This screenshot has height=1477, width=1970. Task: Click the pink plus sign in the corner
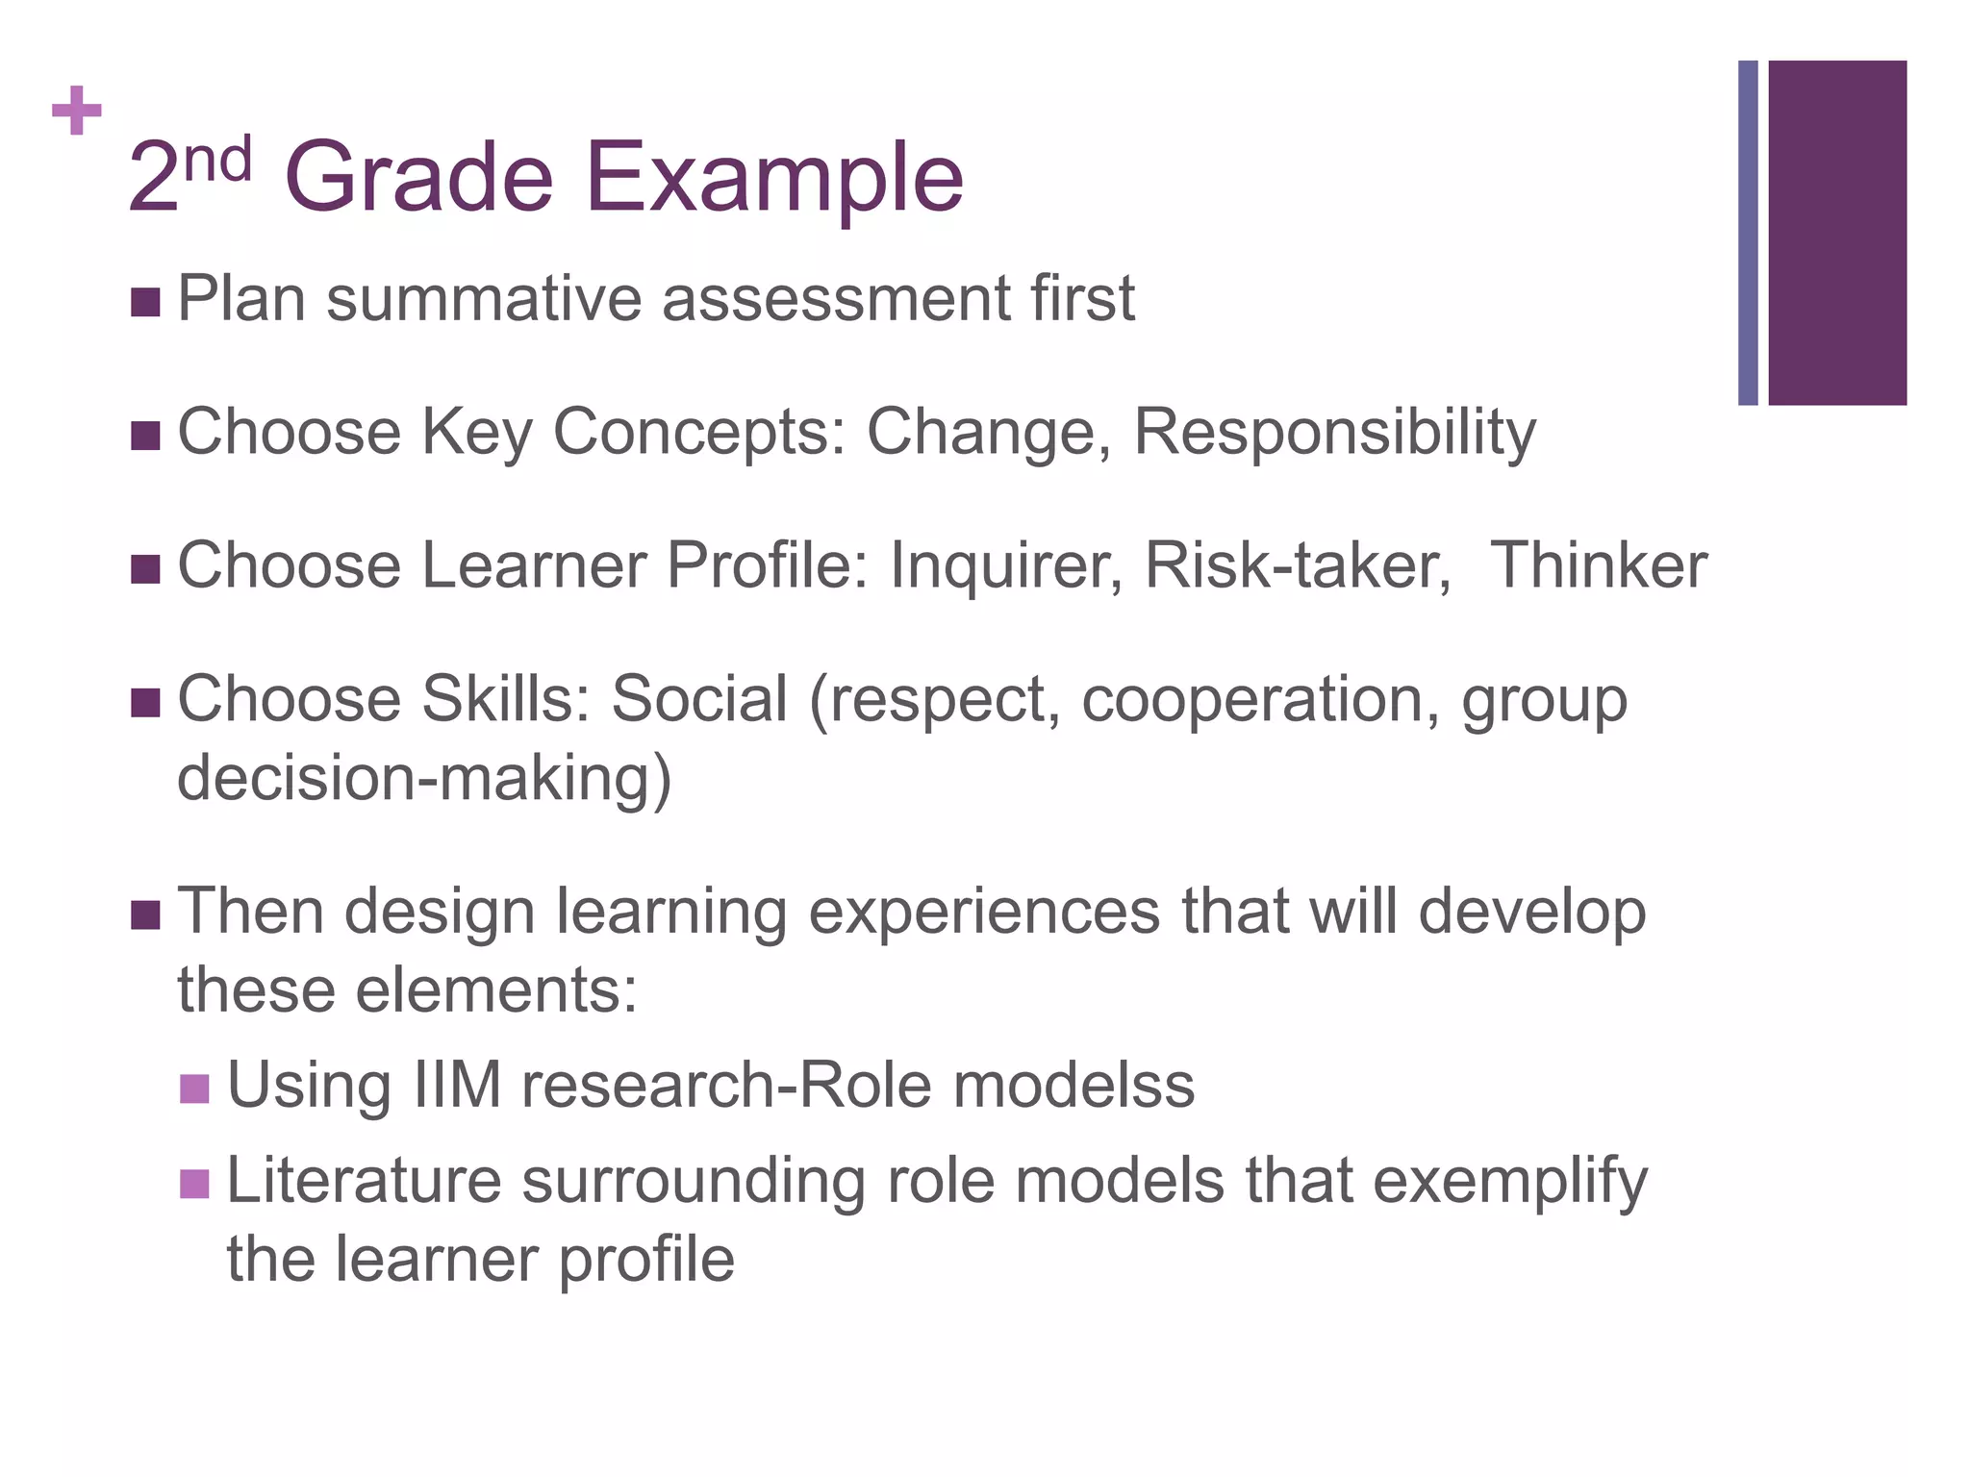(77, 111)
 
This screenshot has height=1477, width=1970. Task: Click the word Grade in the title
(418, 178)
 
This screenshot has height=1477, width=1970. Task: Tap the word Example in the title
(774, 180)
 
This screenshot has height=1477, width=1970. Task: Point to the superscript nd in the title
(218, 160)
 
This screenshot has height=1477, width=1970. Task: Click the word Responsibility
(1334, 433)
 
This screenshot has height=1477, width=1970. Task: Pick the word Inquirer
(1005, 565)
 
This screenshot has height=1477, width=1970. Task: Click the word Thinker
(1598, 565)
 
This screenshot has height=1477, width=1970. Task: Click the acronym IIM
(457, 1086)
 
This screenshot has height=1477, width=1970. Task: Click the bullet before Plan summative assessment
(144, 302)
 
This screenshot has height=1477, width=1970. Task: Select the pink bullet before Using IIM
(194, 1089)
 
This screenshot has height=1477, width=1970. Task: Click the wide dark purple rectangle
(1837, 233)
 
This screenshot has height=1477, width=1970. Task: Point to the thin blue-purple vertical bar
(1748, 233)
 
